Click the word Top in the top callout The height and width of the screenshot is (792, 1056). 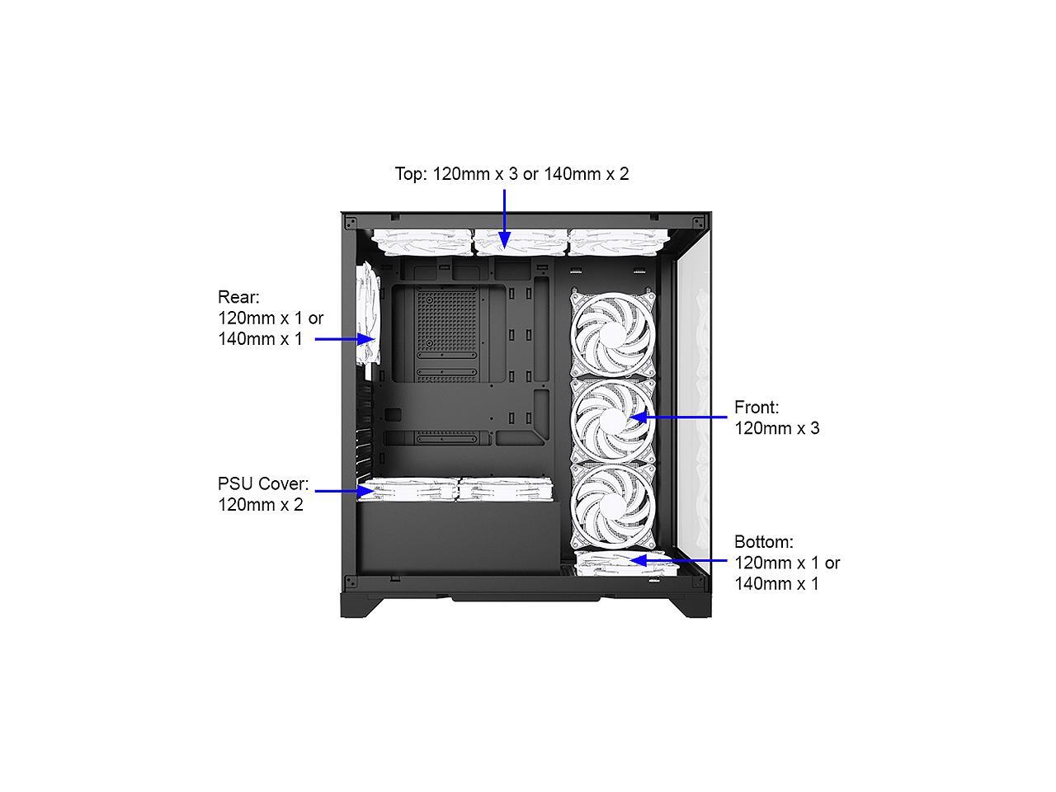410,174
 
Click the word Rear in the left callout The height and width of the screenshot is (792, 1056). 238,297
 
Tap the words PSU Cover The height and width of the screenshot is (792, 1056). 262,483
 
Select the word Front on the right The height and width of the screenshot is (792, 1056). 756,408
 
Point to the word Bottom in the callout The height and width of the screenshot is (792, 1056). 763,542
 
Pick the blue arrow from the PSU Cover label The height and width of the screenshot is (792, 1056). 343,491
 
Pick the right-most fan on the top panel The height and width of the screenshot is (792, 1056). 617,241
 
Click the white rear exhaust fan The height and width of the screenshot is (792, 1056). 367,316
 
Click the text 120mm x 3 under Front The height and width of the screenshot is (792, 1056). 776,428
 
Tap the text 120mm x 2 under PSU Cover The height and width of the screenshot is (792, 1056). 260,505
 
